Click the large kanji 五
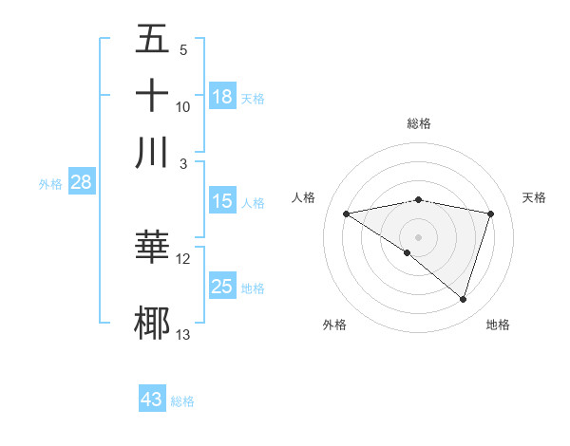(x=152, y=40)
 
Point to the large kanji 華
(x=152, y=247)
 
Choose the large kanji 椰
(x=152, y=322)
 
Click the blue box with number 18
(x=222, y=97)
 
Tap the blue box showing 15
(x=222, y=201)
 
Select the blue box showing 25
(x=222, y=287)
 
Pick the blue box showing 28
(x=81, y=183)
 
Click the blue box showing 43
(x=152, y=400)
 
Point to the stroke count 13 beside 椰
(x=183, y=334)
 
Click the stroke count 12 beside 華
(x=183, y=258)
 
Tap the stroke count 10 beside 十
(x=183, y=106)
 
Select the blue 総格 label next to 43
(x=182, y=401)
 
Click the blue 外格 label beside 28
(x=50, y=185)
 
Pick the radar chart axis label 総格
(x=418, y=123)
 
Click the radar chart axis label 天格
(x=534, y=197)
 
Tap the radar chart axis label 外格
(x=334, y=325)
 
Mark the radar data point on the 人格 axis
(x=347, y=214)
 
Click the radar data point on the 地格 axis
(x=463, y=299)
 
